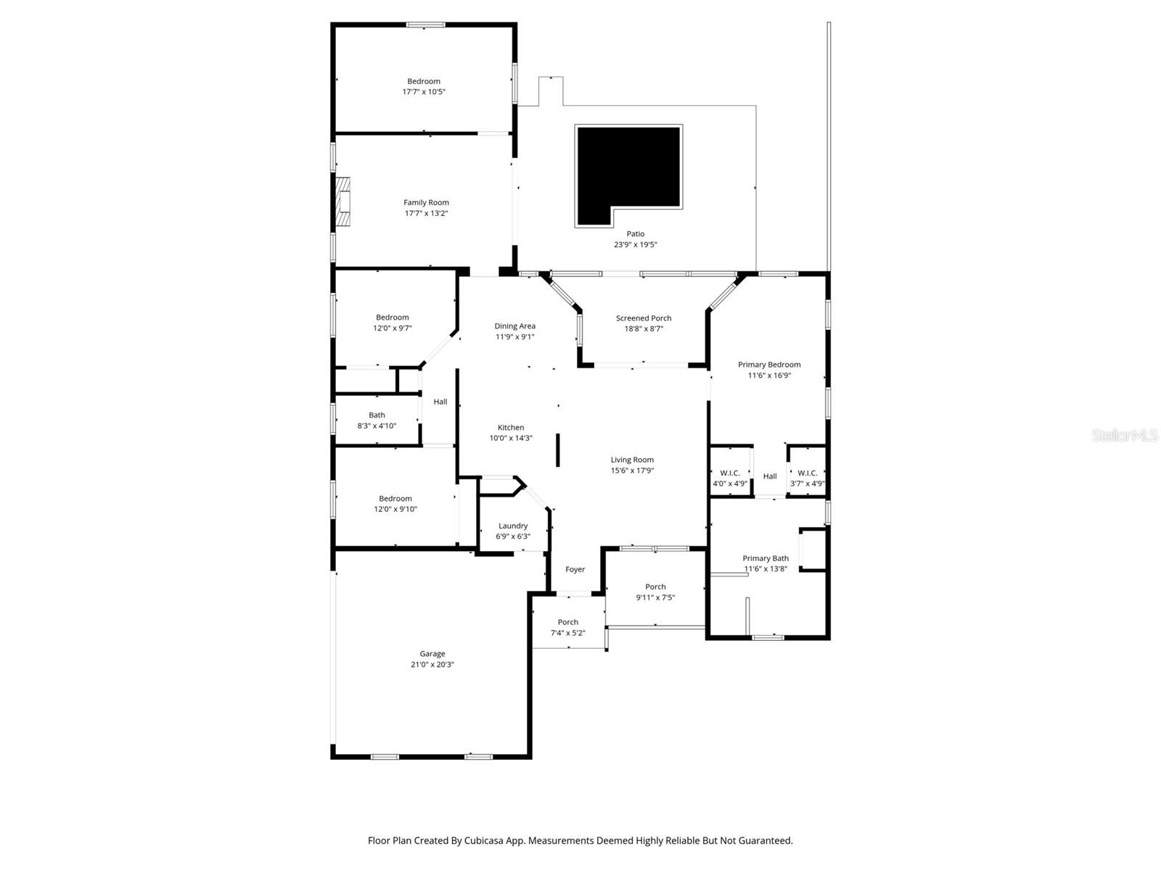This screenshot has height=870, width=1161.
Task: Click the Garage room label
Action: [432, 654]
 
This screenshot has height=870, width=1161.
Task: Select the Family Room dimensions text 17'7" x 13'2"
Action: [427, 213]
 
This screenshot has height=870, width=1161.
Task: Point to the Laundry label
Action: [513, 526]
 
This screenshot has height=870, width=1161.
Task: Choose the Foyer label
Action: [575, 570]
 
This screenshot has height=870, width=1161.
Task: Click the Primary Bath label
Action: [766, 558]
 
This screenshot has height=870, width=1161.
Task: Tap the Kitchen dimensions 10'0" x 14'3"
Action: [511, 438]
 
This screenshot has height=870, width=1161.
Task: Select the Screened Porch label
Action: [644, 318]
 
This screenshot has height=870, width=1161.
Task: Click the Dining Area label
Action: [515, 326]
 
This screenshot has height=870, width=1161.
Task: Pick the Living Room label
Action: [632, 460]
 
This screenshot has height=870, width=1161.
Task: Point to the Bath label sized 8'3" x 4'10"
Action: [377, 415]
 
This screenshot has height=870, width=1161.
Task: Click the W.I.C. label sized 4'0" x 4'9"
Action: [730, 473]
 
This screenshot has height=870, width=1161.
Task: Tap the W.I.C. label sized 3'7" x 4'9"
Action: [807, 473]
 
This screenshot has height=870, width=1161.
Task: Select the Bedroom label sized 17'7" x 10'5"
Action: [424, 82]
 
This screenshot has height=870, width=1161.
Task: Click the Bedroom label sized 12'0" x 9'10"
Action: [395, 499]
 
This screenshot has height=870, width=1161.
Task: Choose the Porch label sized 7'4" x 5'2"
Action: [568, 622]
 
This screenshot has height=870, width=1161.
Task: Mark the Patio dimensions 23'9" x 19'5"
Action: [636, 245]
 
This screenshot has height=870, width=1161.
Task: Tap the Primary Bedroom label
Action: [769, 365]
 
